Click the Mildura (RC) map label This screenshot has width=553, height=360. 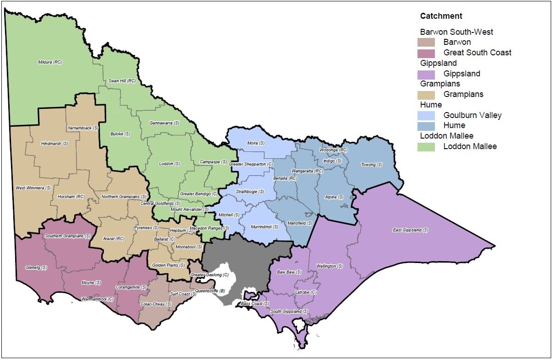(x=49, y=62)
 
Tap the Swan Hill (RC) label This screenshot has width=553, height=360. (x=122, y=81)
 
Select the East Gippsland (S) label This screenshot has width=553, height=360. (x=411, y=230)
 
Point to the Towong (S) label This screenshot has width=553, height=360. (x=371, y=165)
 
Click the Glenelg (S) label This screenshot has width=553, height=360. (x=36, y=268)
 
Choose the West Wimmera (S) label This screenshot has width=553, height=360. (x=33, y=188)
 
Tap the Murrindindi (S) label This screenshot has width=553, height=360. (x=264, y=226)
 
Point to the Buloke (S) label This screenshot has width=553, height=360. (x=120, y=134)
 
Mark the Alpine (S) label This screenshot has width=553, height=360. (x=334, y=197)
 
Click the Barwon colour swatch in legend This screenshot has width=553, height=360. (x=426, y=43)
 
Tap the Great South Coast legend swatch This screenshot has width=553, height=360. (x=426, y=53)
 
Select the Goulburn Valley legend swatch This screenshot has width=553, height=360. (x=426, y=115)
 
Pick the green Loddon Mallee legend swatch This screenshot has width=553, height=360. (x=426, y=147)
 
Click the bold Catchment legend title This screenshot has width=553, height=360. (x=441, y=16)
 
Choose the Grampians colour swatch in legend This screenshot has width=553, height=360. (x=426, y=95)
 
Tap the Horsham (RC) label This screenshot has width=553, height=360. (x=71, y=197)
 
